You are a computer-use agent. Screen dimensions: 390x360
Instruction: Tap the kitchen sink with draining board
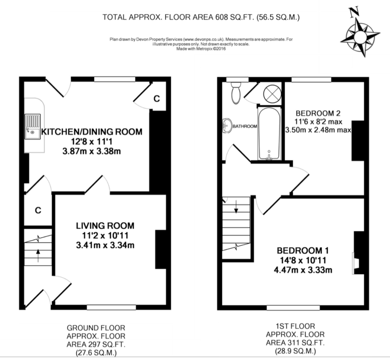tap(32, 126)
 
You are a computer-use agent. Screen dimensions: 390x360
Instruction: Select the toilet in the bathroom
tap(235, 93)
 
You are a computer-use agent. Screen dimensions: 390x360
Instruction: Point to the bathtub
tap(269, 133)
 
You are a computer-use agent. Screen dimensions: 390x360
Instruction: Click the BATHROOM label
tap(245, 126)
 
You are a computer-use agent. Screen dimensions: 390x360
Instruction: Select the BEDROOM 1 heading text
tap(303, 250)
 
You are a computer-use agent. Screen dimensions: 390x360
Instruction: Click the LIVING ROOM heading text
tap(105, 226)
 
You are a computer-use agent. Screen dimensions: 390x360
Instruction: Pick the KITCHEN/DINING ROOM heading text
tap(92, 132)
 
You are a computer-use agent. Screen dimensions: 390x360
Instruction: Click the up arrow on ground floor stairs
tap(38, 256)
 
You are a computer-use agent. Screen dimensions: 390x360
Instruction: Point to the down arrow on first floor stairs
tap(236, 207)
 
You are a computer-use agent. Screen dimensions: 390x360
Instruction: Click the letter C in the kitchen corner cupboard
tap(156, 99)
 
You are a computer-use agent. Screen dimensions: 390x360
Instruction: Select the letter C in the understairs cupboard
tap(38, 211)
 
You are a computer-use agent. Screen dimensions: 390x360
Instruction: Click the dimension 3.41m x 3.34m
tap(105, 245)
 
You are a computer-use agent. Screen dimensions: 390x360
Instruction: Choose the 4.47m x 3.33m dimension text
tap(303, 270)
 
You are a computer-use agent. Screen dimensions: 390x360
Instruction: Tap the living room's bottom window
tap(111, 307)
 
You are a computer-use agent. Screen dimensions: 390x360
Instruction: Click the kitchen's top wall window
tap(115, 79)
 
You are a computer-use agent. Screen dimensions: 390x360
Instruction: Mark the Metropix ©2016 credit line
tap(201, 49)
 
